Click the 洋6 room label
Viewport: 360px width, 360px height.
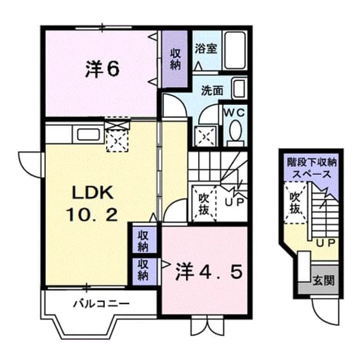102,69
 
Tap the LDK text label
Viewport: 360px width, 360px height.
93,192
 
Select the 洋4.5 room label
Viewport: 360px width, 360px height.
209,272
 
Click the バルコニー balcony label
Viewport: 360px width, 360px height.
101,304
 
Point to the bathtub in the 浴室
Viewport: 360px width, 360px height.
235,50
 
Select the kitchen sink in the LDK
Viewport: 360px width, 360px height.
88,134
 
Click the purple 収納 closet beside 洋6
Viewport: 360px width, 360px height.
175,59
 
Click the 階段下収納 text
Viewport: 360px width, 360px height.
312,163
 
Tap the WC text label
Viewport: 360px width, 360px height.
235,112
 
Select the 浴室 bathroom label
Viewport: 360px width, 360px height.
206,48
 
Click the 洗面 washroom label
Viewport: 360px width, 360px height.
212,91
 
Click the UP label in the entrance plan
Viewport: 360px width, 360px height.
326,243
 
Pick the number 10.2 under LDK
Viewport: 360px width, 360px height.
92,215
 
